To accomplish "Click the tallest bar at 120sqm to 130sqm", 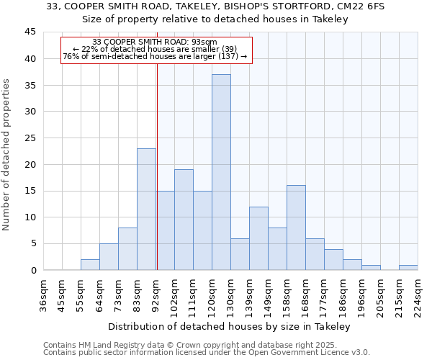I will pyautogui.click(x=221, y=172).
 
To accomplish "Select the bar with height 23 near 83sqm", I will pyautogui.click(x=146, y=209).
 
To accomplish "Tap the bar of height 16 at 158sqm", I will pyautogui.click(x=296, y=228).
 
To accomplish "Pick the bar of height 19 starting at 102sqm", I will pyautogui.click(x=184, y=220).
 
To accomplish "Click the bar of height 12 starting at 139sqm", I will pyautogui.click(x=258, y=238).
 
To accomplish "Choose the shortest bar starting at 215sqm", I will pyautogui.click(x=408, y=267).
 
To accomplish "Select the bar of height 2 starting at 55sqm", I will pyautogui.click(x=90, y=265).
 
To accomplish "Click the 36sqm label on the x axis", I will pyautogui.click(x=43, y=294).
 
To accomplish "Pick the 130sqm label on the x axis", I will pyautogui.click(x=230, y=294).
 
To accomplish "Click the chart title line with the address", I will pyautogui.click(x=215, y=6).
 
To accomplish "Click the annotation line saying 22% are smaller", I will pyautogui.click(x=155, y=49).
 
